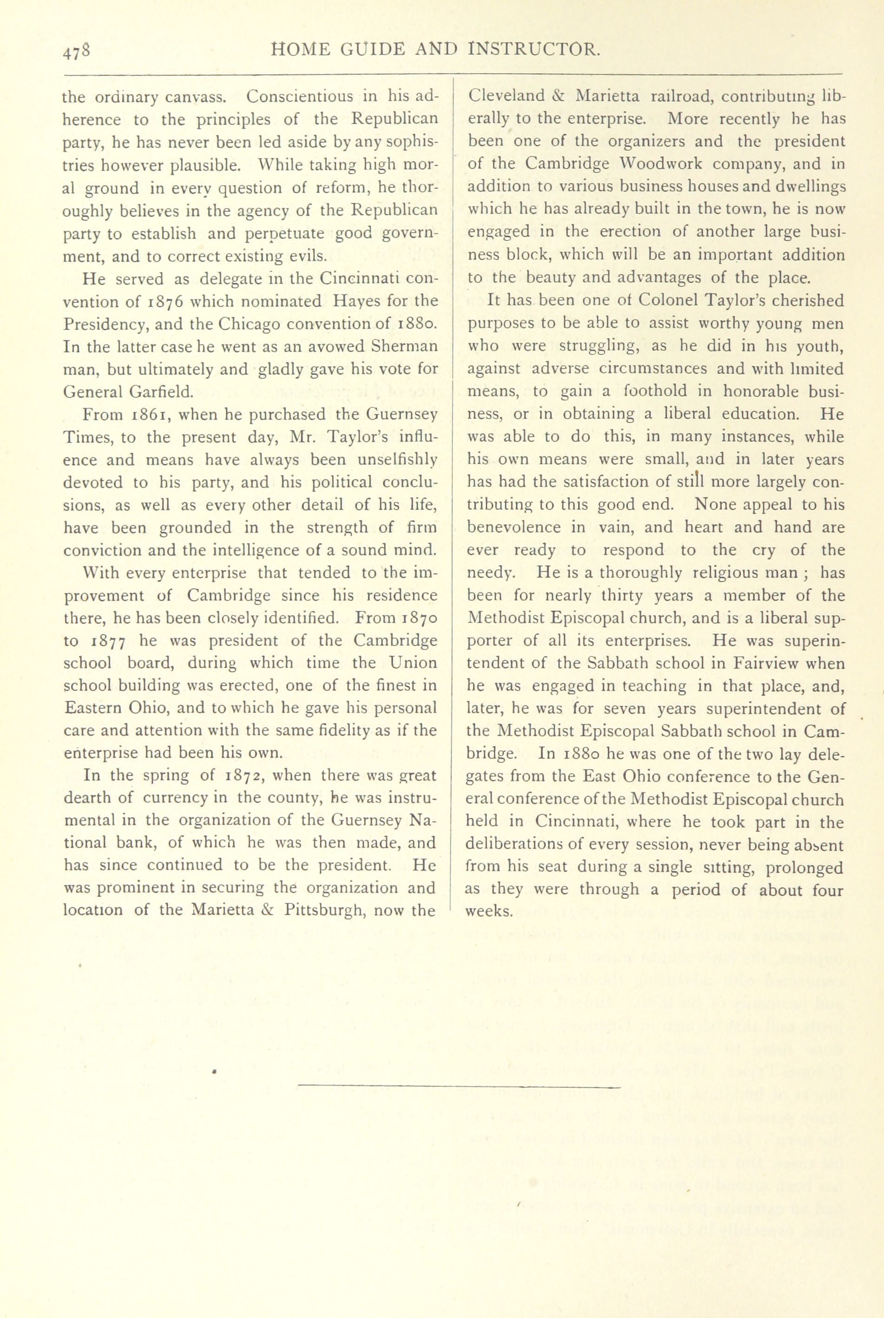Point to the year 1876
click(x=166, y=301)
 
